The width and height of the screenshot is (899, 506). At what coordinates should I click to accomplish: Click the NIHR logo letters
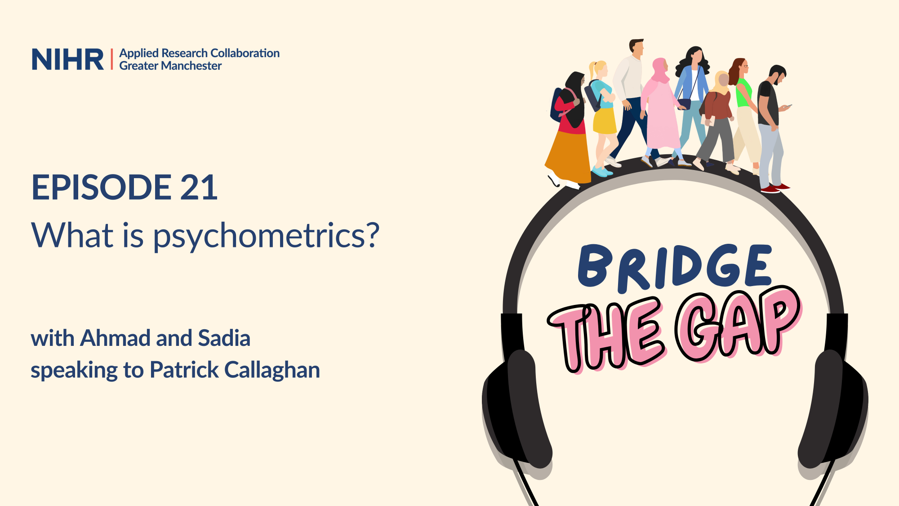coord(67,59)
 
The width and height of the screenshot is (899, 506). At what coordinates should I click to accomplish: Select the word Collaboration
coord(245,53)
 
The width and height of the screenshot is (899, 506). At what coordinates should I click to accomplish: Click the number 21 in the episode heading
coord(199,187)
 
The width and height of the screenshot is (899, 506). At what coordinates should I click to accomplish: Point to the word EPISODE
coord(102,187)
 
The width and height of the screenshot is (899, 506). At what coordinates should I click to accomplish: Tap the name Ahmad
coord(115,338)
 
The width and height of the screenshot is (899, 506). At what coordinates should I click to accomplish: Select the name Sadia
coord(224,338)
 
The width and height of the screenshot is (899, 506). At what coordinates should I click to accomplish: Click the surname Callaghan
coord(272,371)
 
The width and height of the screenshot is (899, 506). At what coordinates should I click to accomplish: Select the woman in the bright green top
coord(744,115)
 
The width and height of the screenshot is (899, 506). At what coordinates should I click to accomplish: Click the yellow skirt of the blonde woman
coord(604,121)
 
